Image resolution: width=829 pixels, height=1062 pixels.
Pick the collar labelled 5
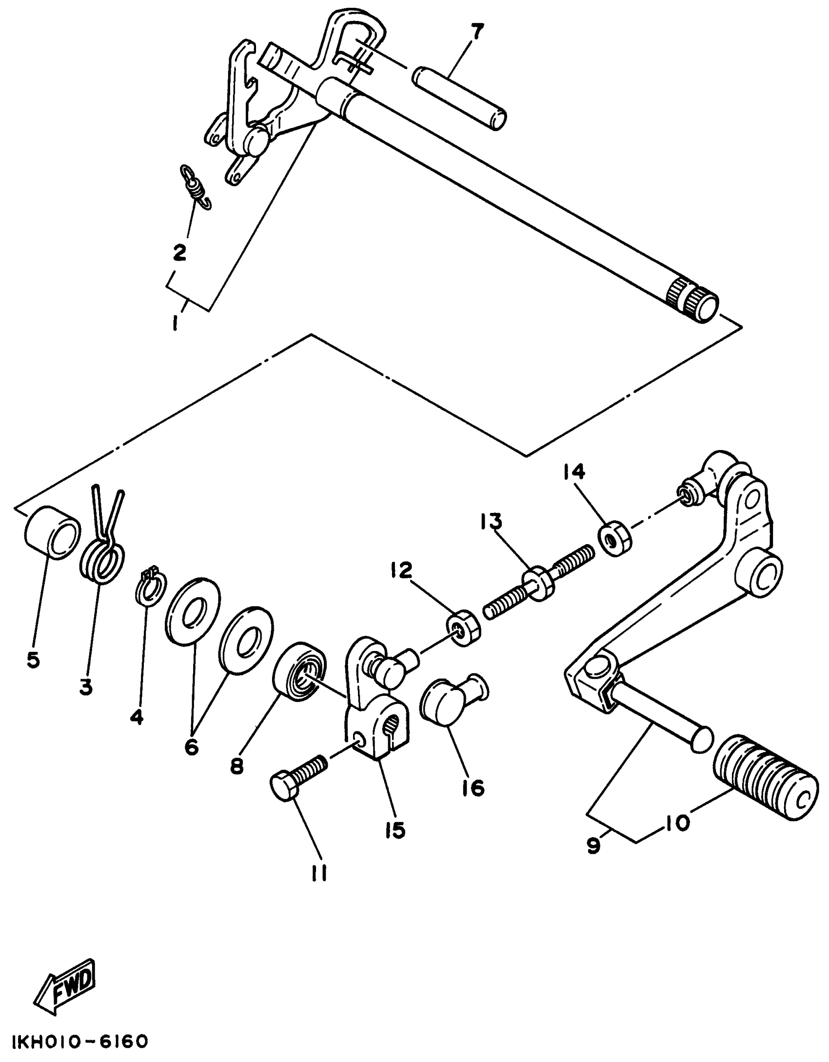tap(51, 540)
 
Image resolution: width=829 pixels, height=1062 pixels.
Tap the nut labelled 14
tap(613, 539)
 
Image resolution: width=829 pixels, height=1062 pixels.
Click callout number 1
tap(174, 323)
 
